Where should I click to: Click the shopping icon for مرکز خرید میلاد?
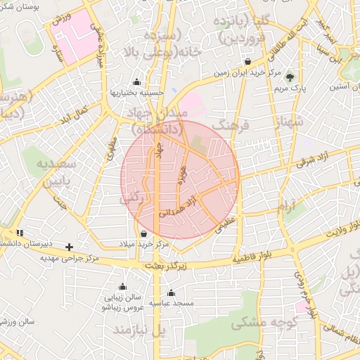click(143, 233)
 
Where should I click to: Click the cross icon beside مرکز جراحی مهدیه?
click(69, 247)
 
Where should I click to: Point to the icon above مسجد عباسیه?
click(171, 293)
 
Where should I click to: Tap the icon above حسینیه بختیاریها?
click(136, 81)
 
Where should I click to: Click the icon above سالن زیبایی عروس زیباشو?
click(123, 287)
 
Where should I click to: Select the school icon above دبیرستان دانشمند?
click(20, 233)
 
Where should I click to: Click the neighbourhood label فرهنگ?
click(230, 125)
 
